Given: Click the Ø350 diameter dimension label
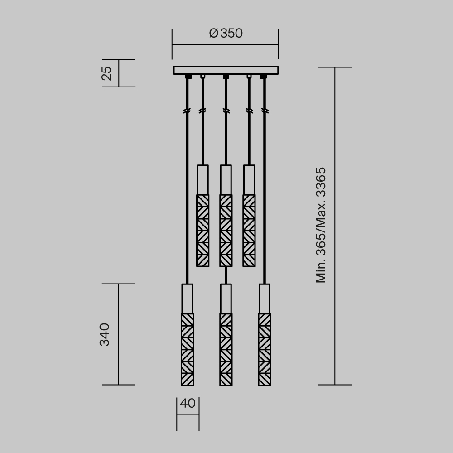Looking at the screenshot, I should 226,34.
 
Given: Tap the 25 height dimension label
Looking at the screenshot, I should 106,73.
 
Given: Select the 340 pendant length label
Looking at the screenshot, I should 105,334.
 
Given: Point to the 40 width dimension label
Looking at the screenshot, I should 188,404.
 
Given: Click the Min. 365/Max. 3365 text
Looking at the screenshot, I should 321,225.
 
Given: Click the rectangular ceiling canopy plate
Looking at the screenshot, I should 226,70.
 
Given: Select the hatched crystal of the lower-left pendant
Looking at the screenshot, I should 187,349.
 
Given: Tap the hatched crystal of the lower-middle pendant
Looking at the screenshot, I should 226,349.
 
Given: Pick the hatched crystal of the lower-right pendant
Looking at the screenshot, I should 265,349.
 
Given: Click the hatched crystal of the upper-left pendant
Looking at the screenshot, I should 202,231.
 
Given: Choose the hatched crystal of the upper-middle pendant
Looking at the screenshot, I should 226,231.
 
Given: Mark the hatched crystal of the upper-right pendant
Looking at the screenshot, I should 249,231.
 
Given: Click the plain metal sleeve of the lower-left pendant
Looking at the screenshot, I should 187,298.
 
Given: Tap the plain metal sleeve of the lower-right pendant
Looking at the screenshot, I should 265,298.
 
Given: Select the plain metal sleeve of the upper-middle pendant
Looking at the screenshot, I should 226,179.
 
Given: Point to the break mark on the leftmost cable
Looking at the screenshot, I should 187,111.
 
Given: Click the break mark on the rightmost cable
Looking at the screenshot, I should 265,111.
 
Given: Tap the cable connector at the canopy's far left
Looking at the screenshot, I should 187,77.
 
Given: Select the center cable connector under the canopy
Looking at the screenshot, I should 226,77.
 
